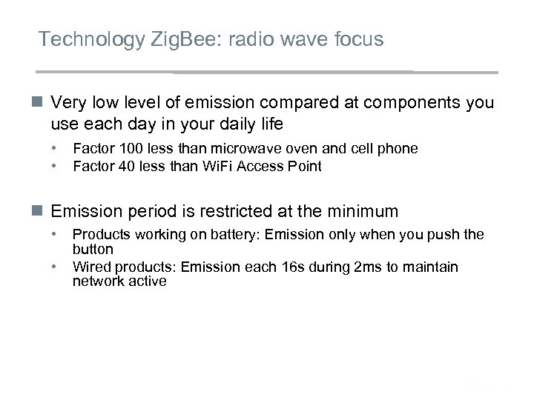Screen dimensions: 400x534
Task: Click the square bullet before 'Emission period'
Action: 41,212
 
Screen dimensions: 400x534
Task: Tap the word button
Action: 93,250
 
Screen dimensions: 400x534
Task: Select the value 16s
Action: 283,267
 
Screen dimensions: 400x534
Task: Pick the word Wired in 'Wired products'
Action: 90,267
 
